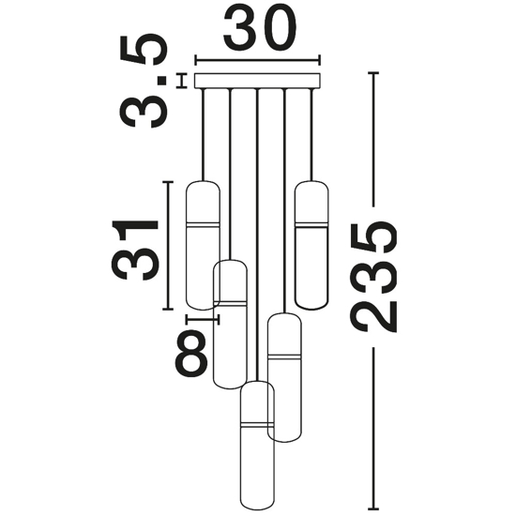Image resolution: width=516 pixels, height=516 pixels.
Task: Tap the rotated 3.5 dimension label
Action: (x=144, y=81)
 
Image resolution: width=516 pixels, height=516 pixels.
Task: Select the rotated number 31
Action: (x=135, y=250)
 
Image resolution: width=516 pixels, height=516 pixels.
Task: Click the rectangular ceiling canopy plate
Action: (x=258, y=81)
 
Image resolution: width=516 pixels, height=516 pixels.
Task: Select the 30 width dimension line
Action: (x=258, y=60)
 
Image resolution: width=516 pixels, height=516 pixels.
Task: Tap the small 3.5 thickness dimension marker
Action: (x=181, y=81)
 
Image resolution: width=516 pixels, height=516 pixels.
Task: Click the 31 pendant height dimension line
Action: (x=168, y=246)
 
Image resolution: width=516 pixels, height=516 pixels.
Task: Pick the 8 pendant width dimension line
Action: (x=203, y=319)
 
